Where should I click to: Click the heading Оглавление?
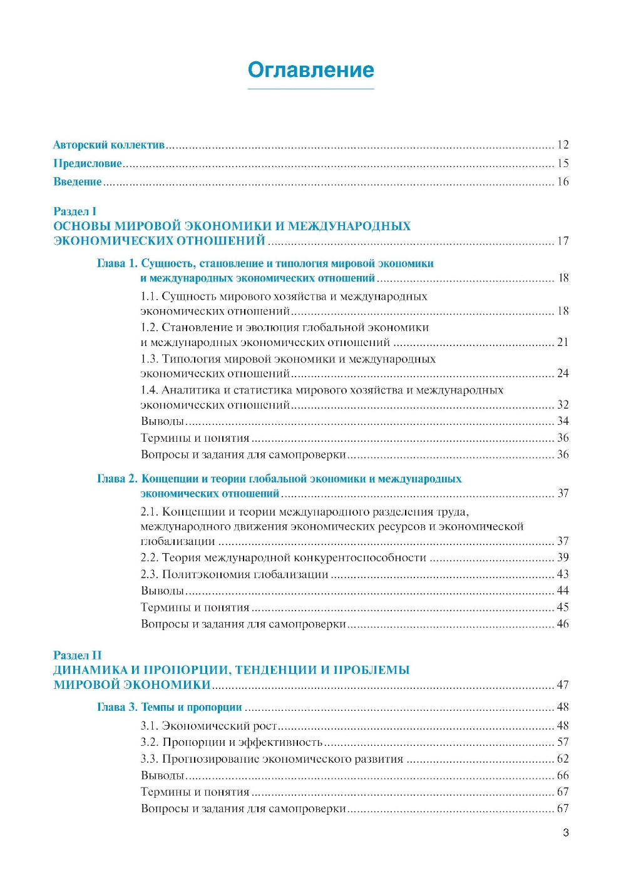pos(310,69)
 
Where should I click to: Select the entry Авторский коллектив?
pos(109,145)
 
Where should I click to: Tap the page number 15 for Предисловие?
pos(563,163)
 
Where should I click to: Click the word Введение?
pos(78,182)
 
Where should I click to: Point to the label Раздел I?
pos(74,211)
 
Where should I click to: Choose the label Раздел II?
pos(77,655)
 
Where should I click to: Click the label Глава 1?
pos(117,263)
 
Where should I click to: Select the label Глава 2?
pos(117,479)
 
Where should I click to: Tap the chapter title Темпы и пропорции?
pos(192,707)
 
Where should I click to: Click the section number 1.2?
pos(149,327)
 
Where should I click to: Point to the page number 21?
pos(563,342)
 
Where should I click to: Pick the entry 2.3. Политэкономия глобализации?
pos(235,574)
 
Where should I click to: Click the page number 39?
pos(563,558)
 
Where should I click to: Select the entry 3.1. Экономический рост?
pos(209,726)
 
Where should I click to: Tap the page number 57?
pos(563,742)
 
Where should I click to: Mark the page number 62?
pos(563,759)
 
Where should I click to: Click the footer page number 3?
pos(566,833)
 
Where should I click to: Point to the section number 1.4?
pos(149,390)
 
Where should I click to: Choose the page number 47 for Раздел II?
pos(563,685)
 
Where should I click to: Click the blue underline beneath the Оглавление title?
pos(310,89)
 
